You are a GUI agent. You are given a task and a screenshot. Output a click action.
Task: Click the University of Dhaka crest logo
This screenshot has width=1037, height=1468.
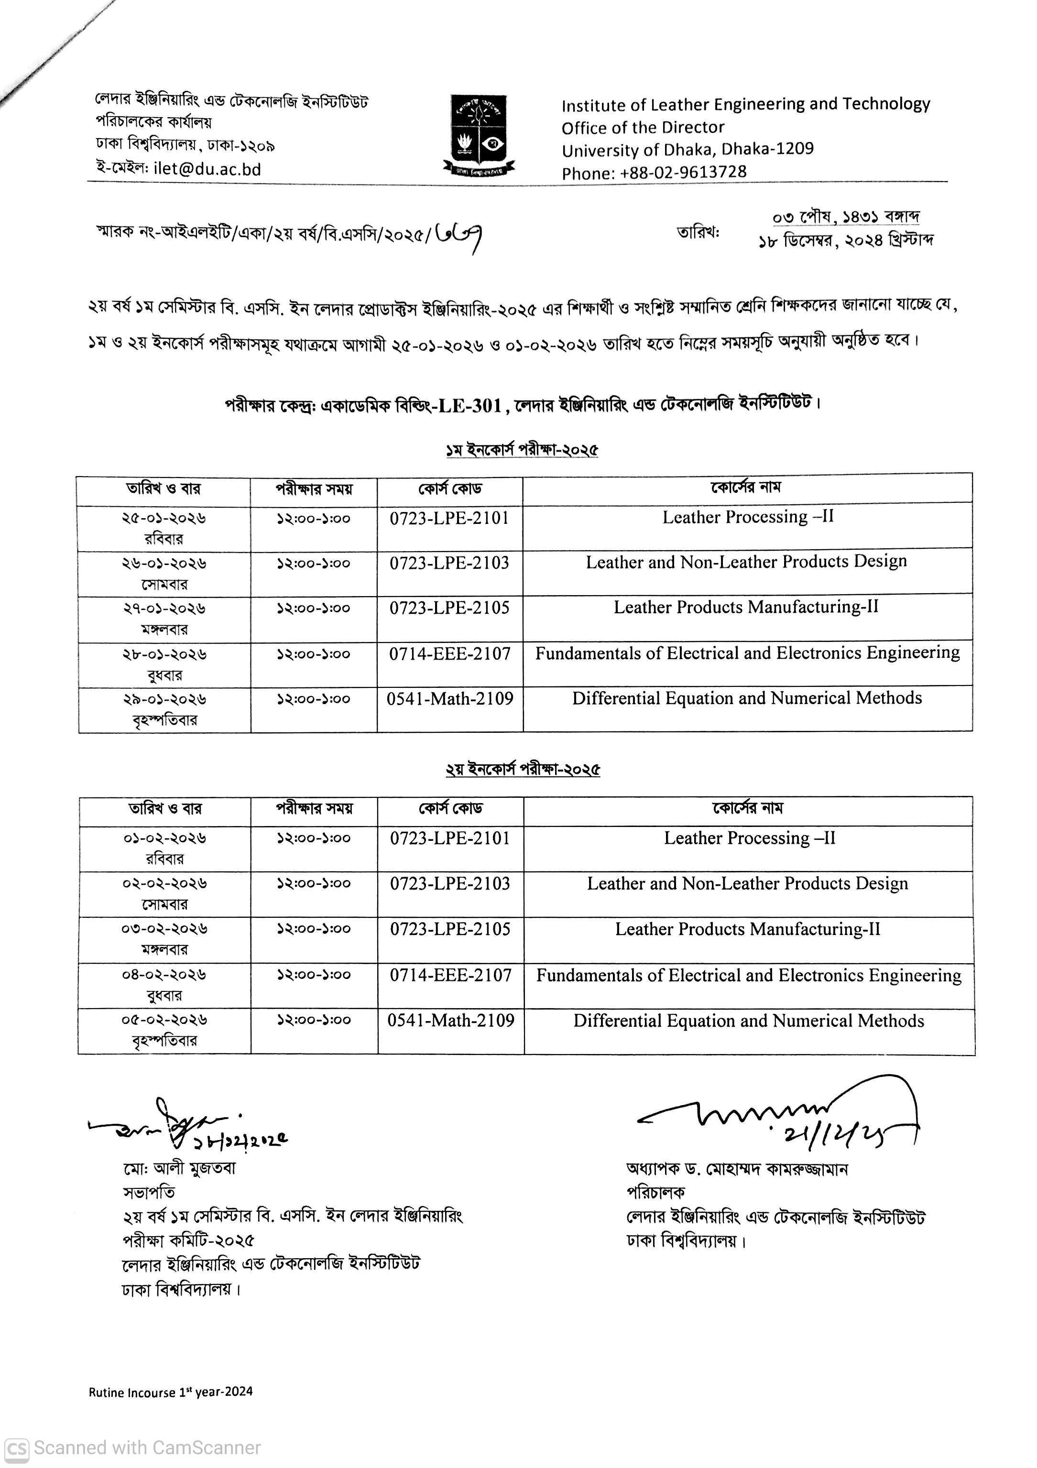(x=478, y=135)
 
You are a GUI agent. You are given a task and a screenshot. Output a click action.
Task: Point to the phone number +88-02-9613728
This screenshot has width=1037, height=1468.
(x=683, y=172)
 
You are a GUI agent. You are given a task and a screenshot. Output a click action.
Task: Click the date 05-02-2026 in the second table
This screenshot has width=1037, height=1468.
(x=164, y=1019)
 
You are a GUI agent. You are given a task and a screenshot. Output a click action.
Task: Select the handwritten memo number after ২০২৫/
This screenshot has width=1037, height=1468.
(x=458, y=237)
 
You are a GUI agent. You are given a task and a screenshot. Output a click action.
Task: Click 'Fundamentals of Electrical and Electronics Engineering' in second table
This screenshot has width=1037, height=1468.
(x=749, y=975)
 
